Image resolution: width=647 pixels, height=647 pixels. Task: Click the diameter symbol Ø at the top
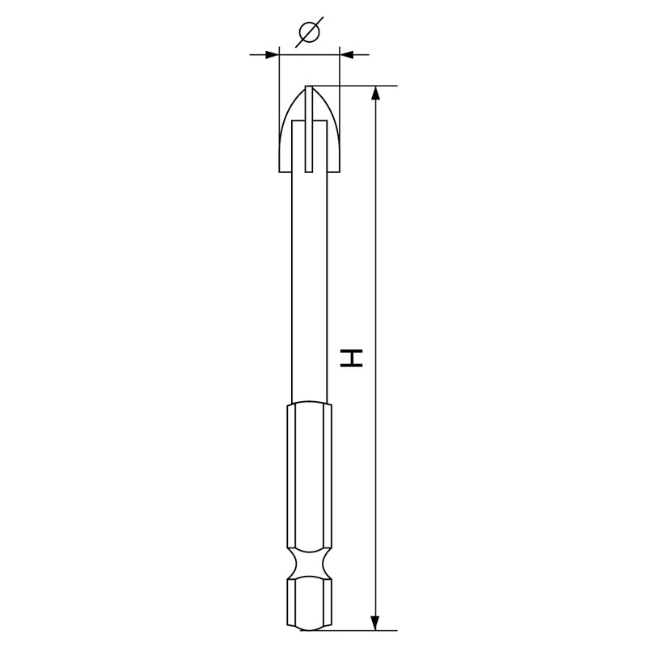coord(309,32)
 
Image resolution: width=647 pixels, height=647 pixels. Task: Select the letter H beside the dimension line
coord(352,358)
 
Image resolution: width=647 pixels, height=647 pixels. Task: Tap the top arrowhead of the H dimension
coord(374,94)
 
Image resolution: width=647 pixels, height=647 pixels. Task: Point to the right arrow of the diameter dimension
coord(347,55)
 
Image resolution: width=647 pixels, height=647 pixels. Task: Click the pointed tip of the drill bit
coord(308,87)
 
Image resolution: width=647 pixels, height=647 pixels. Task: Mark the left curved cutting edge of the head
coord(287,117)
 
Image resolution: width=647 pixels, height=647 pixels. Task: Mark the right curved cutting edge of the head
coord(330,117)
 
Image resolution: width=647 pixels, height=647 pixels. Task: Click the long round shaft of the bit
coord(308,283)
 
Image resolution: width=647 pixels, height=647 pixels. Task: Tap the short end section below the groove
coord(308,603)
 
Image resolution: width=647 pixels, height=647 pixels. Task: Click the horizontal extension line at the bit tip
coord(356,85)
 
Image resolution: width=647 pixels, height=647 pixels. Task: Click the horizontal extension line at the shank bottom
coord(356,630)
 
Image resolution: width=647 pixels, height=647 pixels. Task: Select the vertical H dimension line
coord(374,243)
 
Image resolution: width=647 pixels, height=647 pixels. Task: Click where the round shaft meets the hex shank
coord(308,402)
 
